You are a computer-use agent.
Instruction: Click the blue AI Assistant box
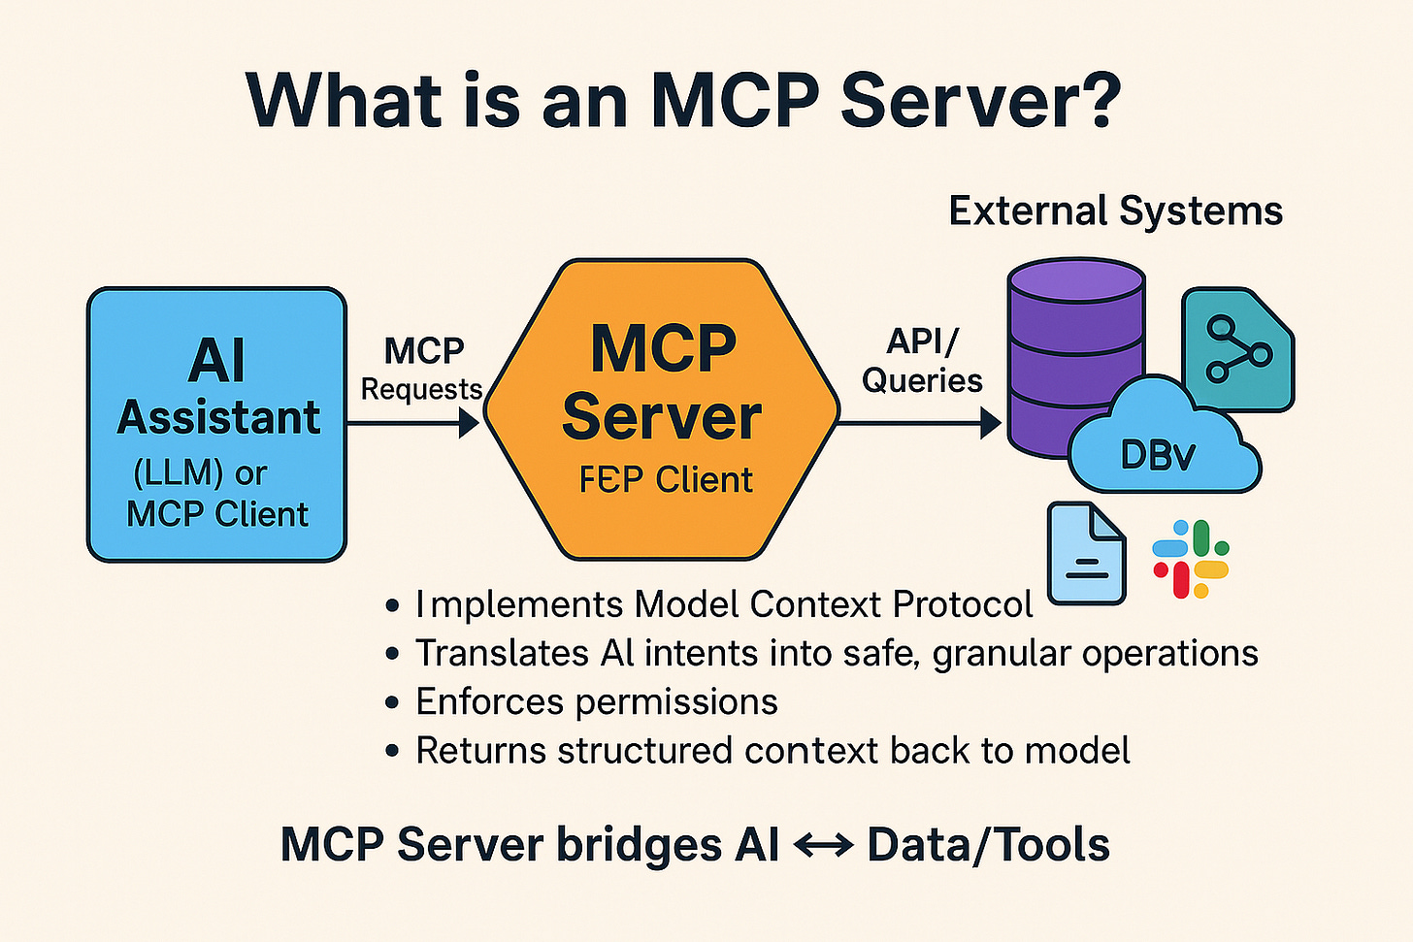216,424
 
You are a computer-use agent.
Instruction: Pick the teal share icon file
1237,349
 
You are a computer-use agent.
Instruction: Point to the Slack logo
1191,559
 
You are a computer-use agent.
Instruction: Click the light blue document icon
1086,554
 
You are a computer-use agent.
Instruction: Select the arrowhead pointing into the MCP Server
470,423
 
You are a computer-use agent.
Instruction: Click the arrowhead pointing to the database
991,423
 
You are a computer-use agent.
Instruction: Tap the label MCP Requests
422,369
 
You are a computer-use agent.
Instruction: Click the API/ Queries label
922,361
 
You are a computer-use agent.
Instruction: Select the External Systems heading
1115,211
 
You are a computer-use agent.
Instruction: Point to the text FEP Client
666,480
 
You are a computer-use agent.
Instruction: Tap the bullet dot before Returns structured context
392,752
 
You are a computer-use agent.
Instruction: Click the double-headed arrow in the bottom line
823,845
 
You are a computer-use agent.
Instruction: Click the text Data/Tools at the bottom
988,844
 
